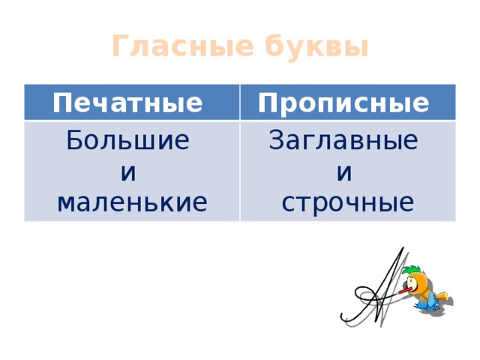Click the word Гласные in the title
coord(183,46)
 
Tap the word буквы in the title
coord(316,46)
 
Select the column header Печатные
coord(127,103)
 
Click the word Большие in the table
coord(128,140)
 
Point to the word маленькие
coord(132,202)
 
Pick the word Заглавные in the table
coord(343,140)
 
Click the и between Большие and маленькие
coord(128,173)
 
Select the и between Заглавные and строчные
coord(344,173)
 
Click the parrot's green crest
coord(410,271)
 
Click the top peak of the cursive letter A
coord(403,247)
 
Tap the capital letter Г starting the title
coord(120,46)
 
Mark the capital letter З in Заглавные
coord(275,140)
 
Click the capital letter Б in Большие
coord(73,140)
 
